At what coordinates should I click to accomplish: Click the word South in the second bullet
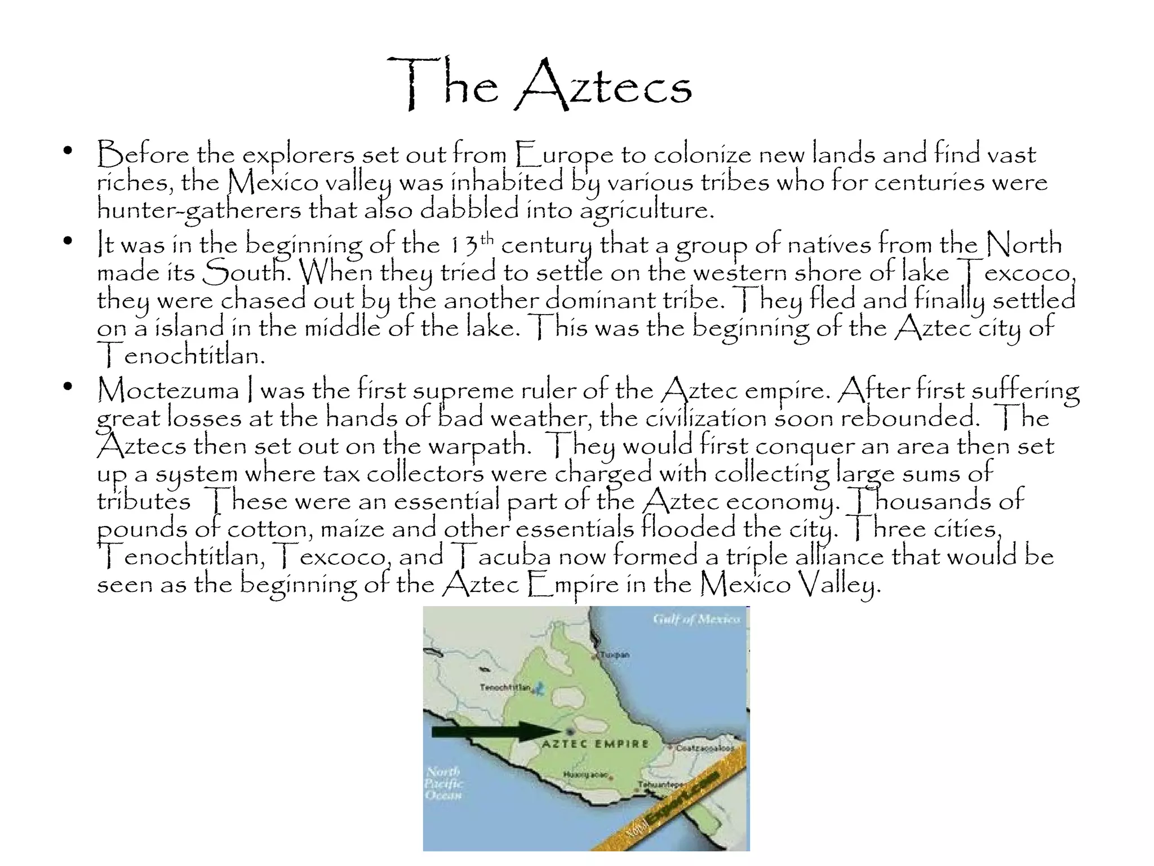click(246, 272)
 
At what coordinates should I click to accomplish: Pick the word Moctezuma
click(168, 390)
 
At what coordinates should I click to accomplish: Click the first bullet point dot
click(68, 151)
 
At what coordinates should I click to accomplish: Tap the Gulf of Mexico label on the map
click(696, 619)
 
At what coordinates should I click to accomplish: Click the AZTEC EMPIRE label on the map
click(595, 744)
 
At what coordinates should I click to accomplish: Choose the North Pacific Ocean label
click(443, 783)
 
